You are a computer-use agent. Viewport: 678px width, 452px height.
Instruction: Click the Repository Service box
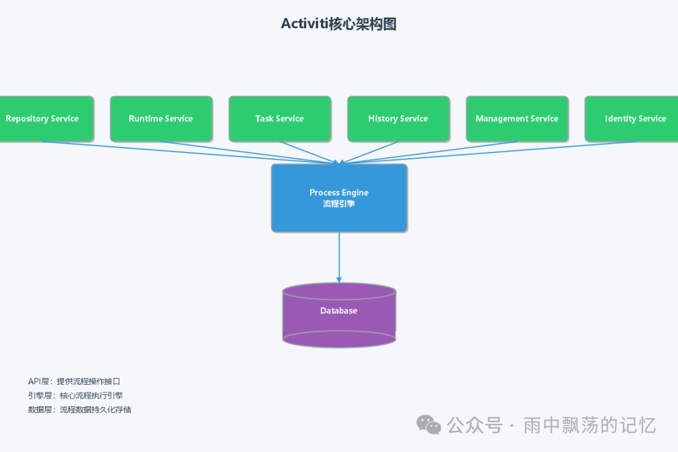tap(44, 119)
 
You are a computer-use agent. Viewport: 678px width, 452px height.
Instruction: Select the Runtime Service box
tap(161, 119)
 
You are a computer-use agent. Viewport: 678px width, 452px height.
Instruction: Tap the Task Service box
tap(279, 119)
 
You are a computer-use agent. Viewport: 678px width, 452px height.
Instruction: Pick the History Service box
tap(398, 119)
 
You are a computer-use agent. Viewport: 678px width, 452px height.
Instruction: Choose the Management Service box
tap(517, 119)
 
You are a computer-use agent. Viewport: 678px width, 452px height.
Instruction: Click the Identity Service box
tap(634, 119)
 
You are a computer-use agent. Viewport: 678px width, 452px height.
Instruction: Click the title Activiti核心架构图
tap(338, 24)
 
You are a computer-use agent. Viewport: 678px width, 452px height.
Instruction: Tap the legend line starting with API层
tap(73, 381)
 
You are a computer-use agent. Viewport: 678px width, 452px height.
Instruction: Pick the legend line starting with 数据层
tap(79, 409)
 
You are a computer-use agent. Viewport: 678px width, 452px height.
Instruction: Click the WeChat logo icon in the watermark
tap(429, 425)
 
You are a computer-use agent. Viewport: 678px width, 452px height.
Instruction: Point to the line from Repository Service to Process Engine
tap(188, 152)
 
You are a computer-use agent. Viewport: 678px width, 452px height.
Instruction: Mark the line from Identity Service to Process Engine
tap(490, 152)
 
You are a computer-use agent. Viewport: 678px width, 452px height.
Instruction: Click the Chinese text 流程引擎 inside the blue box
tap(339, 203)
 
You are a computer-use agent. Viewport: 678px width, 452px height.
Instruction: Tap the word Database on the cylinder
tap(338, 311)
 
